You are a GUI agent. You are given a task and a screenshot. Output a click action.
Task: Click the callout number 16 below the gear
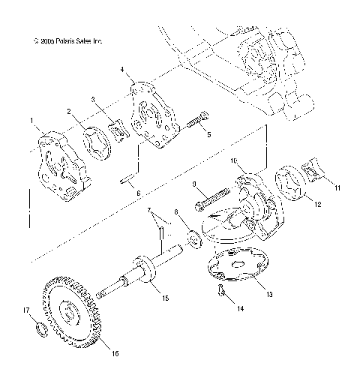[x=115, y=353]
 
